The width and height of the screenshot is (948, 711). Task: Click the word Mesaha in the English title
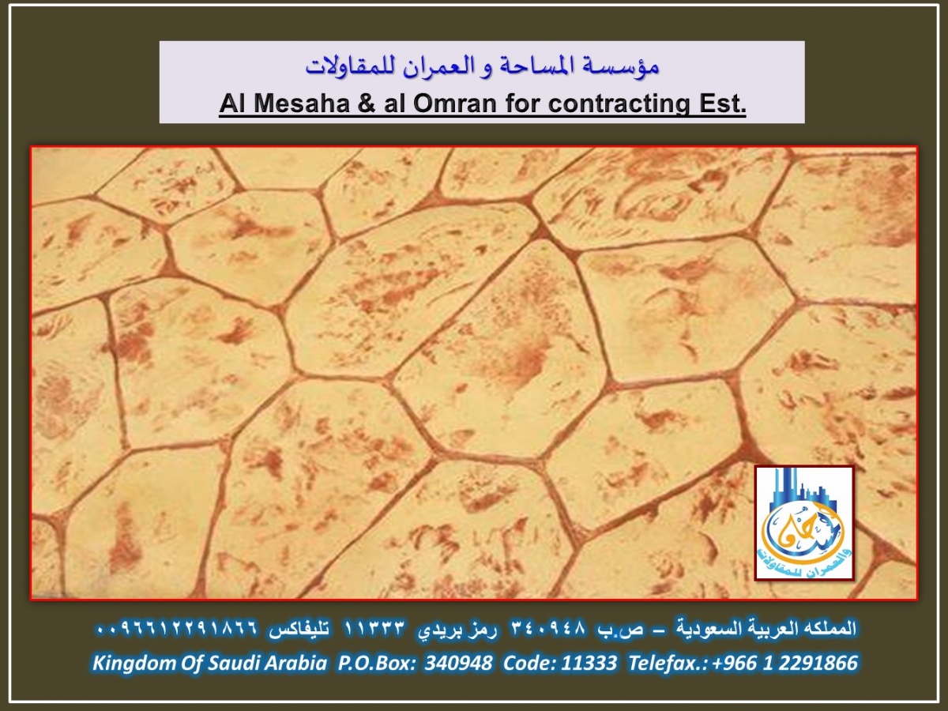tap(302, 103)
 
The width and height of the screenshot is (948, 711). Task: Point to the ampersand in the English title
tap(367, 103)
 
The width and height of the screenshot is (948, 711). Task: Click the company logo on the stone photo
tap(804, 523)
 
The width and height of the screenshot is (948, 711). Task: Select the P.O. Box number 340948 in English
tap(458, 663)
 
